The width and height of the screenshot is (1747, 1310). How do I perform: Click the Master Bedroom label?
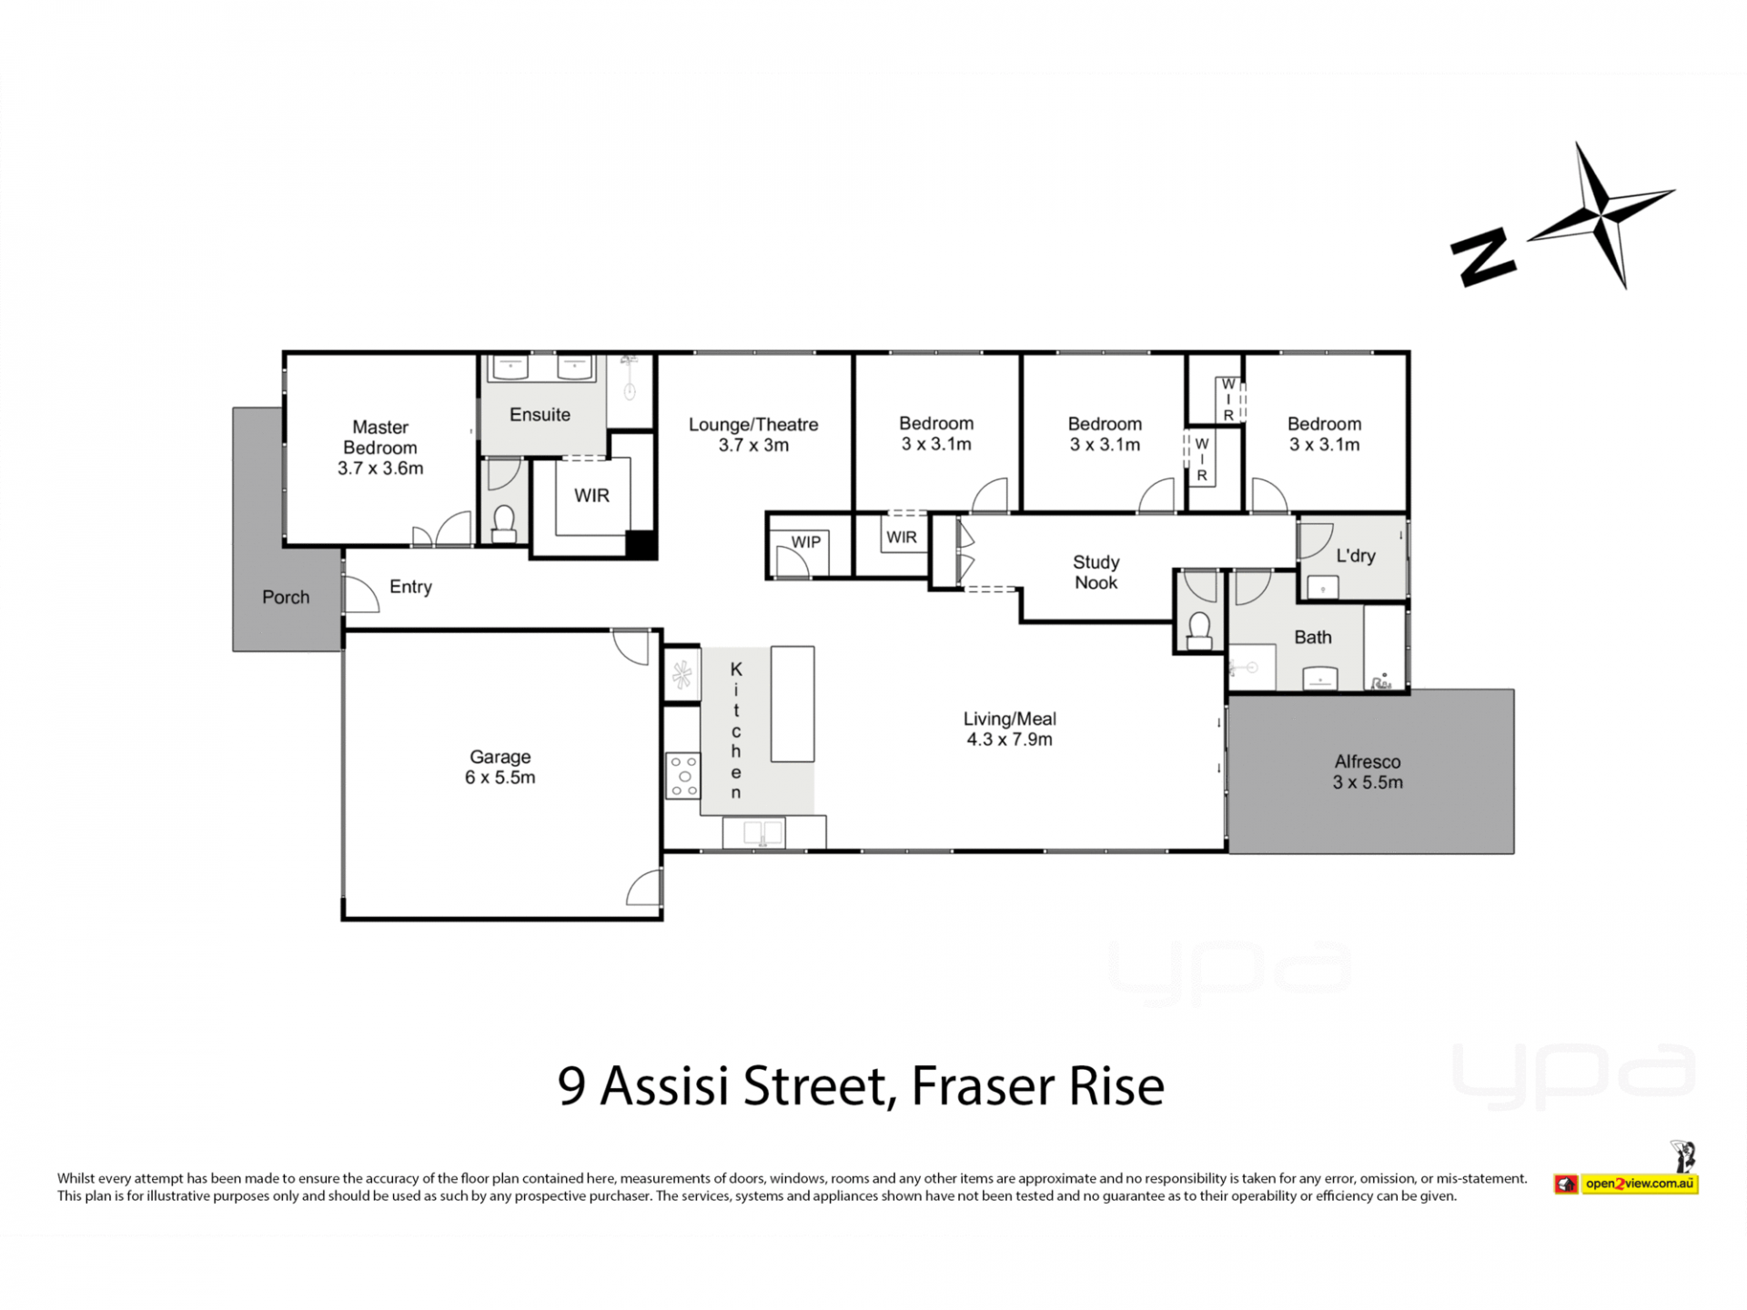[x=380, y=437]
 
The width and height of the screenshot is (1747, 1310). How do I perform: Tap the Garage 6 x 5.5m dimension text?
[x=500, y=778]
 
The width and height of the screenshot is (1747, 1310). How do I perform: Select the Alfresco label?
[x=1368, y=761]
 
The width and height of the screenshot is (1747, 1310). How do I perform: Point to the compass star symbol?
[x=1601, y=215]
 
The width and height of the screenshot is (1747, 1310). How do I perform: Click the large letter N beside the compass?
[x=1483, y=258]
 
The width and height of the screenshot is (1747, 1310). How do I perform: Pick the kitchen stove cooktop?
[x=682, y=775]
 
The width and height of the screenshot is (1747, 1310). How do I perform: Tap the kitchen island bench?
[x=793, y=703]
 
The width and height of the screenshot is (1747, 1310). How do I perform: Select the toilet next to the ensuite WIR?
[x=503, y=523]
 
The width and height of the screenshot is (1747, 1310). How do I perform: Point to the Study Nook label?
[x=1096, y=572]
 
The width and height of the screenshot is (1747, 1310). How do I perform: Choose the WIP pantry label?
[x=805, y=542]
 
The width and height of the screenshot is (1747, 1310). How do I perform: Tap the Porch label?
[x=286, y=597]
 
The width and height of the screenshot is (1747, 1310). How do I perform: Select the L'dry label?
[x=1355, y=556]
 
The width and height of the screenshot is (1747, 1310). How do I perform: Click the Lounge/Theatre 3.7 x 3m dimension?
[x=753, y=445]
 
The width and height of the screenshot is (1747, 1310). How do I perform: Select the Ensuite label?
[x=540, y=415]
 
